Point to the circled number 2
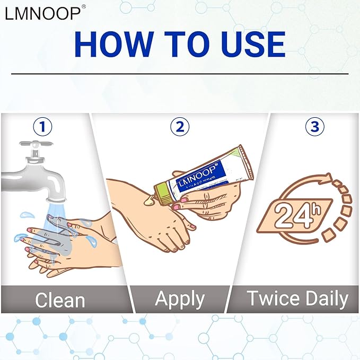(180, 127)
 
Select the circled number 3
(315, 127)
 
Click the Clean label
(59, 300)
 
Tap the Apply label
(179, 299)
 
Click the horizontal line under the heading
(180, 74)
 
